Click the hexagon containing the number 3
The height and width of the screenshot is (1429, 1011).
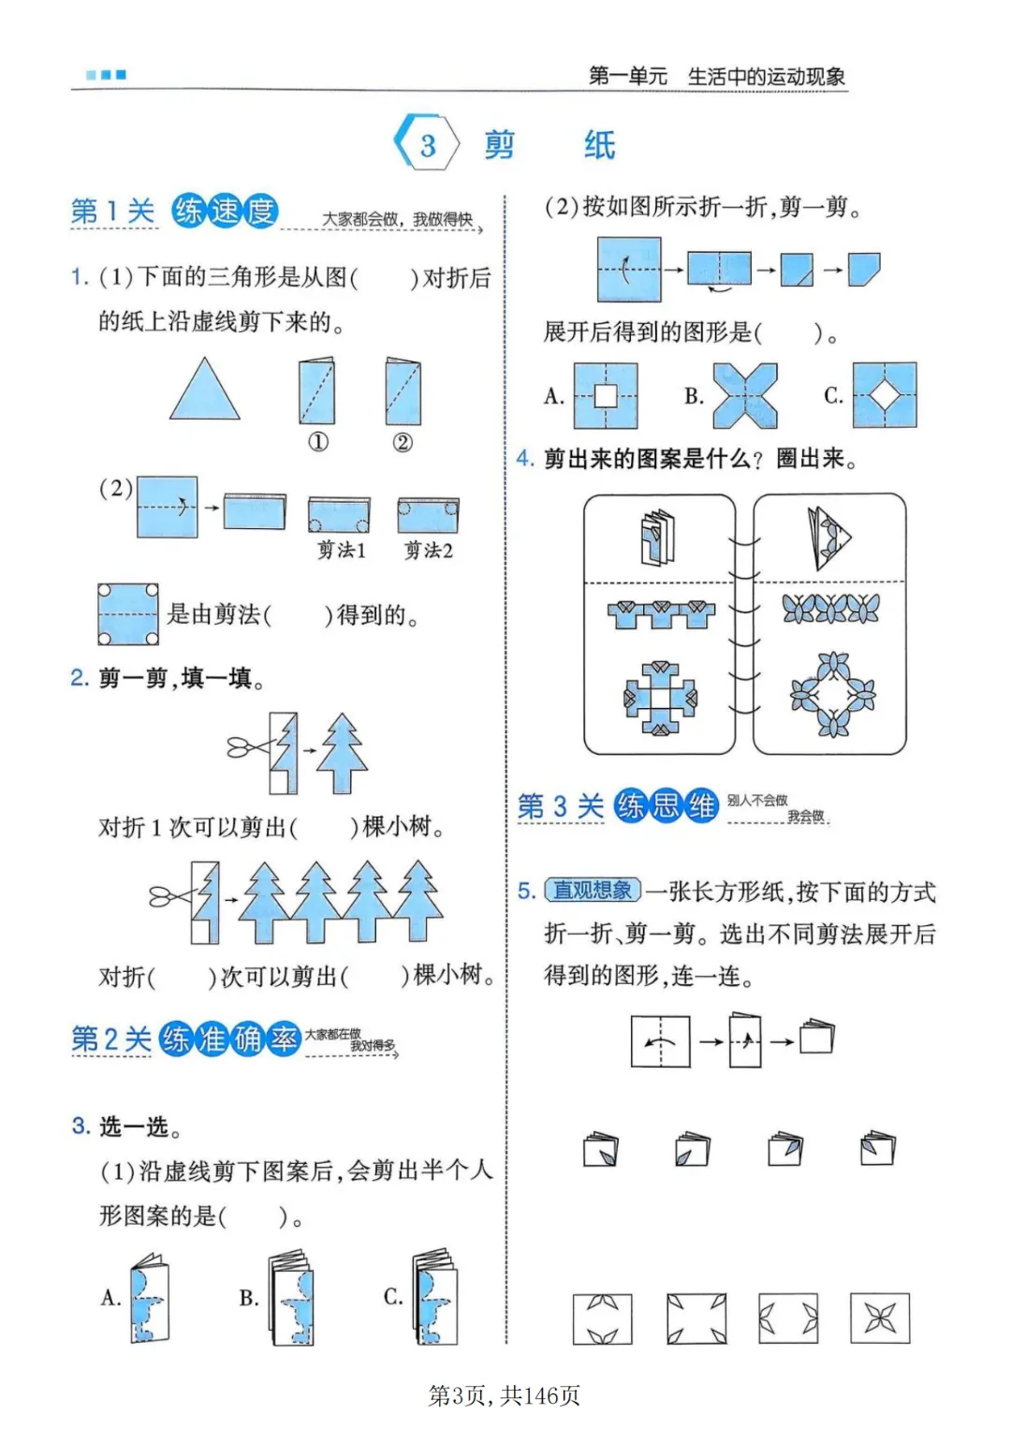[427, 144]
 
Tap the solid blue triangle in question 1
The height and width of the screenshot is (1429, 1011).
[204, 391]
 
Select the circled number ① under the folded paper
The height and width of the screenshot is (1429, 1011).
[318, 442]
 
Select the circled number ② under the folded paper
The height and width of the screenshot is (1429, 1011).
[403, 442]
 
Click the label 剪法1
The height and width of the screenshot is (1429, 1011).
[341, 551]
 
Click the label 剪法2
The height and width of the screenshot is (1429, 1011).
[428, 551]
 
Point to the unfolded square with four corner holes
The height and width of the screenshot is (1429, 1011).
[127, 614]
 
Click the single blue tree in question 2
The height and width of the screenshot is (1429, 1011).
[342, 754]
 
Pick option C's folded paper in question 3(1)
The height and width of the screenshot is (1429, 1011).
[434, 1298]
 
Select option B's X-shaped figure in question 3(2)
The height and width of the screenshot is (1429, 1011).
[745, 396]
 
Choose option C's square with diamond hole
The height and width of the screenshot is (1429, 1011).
[885, 396]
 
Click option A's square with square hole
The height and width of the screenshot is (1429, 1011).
[606, 396]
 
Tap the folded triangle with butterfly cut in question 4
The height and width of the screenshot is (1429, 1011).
[829, 538]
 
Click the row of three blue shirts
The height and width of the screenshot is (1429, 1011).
[660, 613]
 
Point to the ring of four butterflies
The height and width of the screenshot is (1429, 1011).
[832, 695]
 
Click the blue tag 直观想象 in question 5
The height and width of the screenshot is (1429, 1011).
[593, 890]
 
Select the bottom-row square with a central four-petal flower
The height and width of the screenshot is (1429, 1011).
[879, 1318]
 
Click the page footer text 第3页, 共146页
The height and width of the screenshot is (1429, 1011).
[505, 1395]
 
